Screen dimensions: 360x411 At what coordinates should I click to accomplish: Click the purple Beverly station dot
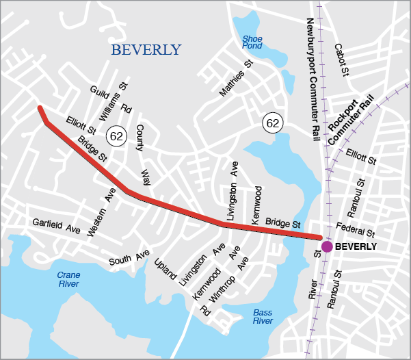coord(327,246)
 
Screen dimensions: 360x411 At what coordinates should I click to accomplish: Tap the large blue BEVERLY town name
coord(146,50)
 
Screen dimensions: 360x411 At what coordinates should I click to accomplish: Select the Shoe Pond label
coord(252,42)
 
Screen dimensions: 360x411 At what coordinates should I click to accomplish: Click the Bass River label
coord(263,317)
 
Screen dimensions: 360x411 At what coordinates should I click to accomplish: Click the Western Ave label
coord(98,213)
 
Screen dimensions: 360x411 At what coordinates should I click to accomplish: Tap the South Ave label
coord(129,259)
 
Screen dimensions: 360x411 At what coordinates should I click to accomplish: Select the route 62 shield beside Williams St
coord(116,136)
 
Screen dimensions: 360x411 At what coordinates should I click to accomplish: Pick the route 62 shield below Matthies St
coord(273,123)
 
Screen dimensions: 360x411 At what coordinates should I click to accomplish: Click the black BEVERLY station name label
coord(356,246)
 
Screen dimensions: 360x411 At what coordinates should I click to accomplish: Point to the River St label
coord(315,276)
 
